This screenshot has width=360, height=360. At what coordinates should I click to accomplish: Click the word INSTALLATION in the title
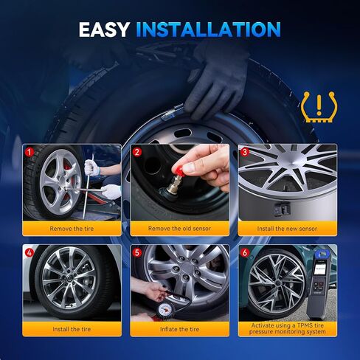pos(209,30)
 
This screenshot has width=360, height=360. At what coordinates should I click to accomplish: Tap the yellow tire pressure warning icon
pos(316,107)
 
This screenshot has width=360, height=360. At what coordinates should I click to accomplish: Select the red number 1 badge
pos(30,152)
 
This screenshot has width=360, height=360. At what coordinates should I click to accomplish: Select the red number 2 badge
pos(137,152)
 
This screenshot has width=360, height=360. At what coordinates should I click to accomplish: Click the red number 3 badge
pos(245,152)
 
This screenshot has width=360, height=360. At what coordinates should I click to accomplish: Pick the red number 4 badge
pos(30,252)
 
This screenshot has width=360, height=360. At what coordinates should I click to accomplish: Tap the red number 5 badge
pos(137,252)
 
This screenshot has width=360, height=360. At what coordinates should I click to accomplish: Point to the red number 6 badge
pos(245,252)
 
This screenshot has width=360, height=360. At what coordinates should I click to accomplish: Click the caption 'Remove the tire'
pos(72,229)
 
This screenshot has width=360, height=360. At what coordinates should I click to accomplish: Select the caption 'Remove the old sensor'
pos(180,229)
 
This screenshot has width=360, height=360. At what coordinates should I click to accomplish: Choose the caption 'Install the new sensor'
pos(288,229)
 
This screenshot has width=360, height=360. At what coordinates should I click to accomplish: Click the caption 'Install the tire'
pos(72,329)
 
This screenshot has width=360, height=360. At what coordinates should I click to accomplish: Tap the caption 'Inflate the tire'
pos(180,329)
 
